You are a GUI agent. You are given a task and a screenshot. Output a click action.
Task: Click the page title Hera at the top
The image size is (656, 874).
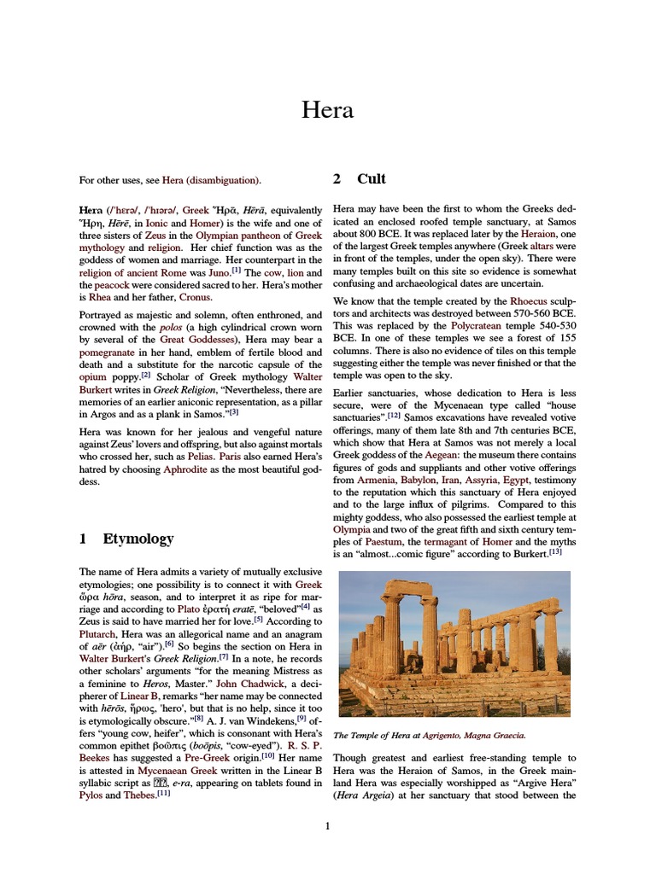[x=328, y=110]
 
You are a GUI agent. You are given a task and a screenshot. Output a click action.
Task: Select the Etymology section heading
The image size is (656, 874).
[x=138, y=539]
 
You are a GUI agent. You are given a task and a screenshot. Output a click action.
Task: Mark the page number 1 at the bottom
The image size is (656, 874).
[x=327, y=826]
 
